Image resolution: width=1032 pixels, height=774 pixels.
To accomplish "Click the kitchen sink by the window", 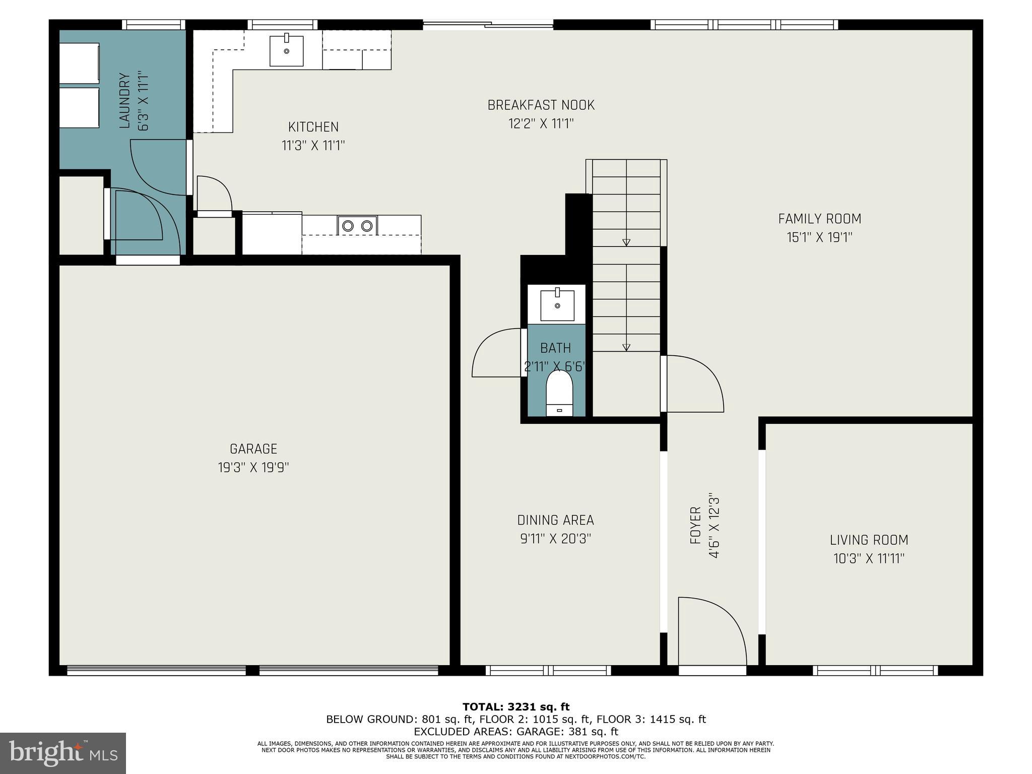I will tap(286, 50).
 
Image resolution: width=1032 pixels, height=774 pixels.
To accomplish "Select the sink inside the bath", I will tap(557, 305).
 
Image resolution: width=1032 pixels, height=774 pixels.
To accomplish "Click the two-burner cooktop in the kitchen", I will tap(357, 225).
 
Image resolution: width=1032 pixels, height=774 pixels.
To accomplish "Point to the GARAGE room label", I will tap(253, 449).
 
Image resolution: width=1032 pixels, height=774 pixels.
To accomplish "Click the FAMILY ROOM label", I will tap(819, 219).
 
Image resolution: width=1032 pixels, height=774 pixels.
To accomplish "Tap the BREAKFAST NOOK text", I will tap(541, 105).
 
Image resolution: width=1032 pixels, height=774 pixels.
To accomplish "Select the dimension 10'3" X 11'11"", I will tap(869, 558).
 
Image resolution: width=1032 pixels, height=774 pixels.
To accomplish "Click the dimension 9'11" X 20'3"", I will tap(555, 539).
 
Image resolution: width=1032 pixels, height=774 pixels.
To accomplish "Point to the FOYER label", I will tap(695, 525).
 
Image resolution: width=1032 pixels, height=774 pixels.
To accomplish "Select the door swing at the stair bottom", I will tap(693, 383).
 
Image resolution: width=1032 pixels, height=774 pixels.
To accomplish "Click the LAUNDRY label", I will tap(124, 100).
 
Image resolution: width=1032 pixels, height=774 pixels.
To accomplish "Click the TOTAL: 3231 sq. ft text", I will tap(515, 707).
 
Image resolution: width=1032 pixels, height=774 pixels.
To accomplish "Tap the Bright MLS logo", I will tap(62, 753).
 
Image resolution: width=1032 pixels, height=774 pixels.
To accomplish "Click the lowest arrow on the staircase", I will tap(626, 347).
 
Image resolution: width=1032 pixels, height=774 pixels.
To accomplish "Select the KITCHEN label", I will tap(313, 127).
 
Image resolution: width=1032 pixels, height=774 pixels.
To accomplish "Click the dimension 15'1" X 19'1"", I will tap(819, 237).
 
